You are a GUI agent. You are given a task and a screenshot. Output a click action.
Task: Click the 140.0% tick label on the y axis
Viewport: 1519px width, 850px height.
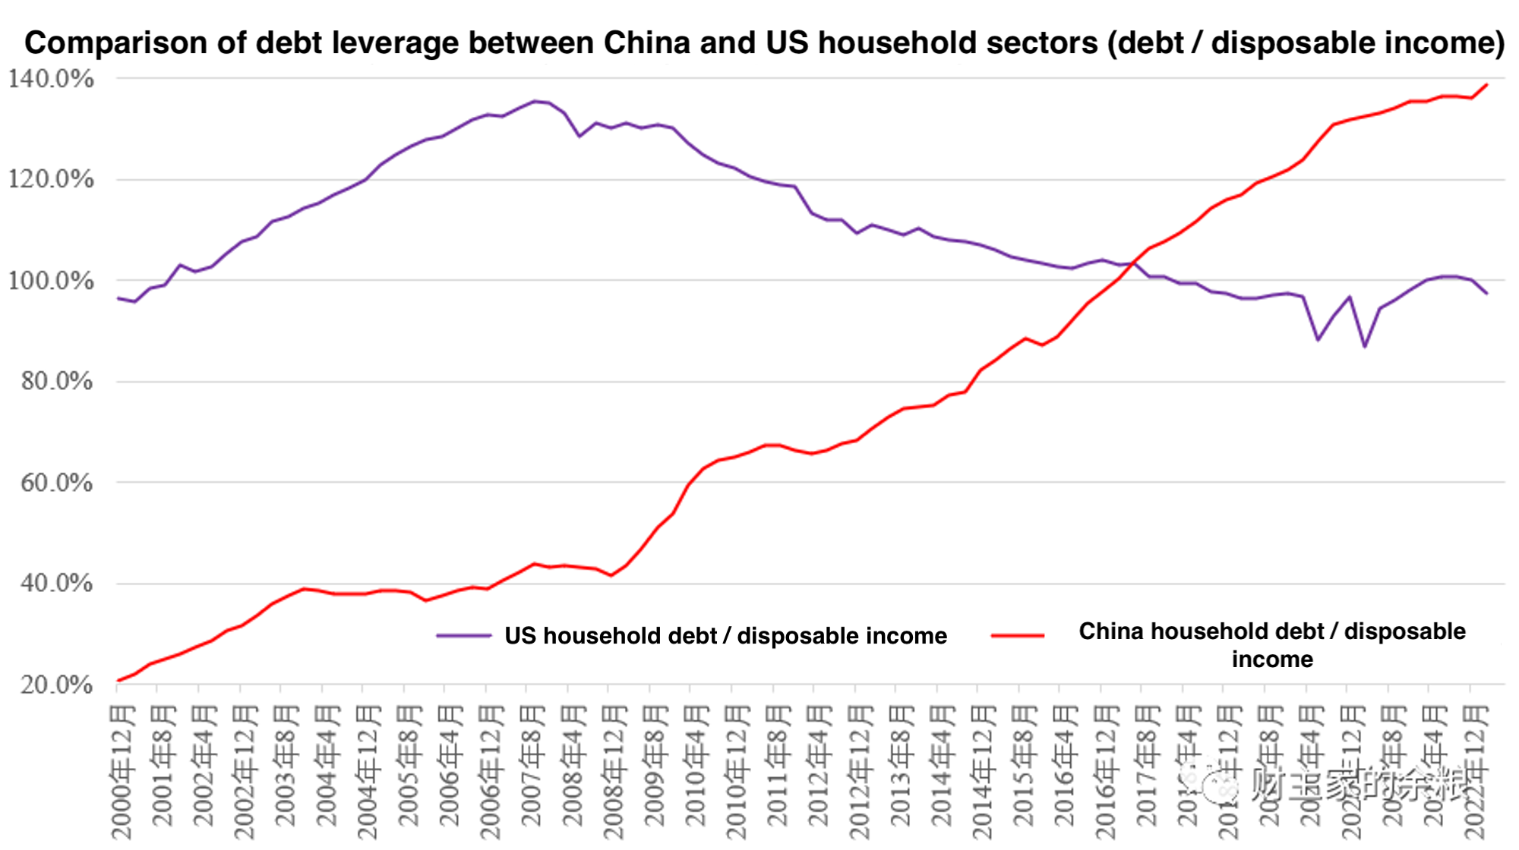click(x=51, y=78)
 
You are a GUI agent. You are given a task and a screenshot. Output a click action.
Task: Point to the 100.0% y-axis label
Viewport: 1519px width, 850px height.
click(x=51, y=281)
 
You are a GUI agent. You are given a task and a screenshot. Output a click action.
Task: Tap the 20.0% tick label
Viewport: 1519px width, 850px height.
click(x=56, y=685)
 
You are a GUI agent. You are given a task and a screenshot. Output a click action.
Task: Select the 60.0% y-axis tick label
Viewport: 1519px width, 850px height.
click(x=56, y=483)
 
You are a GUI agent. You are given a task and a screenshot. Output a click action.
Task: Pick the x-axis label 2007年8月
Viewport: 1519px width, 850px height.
click(x=532, y=767)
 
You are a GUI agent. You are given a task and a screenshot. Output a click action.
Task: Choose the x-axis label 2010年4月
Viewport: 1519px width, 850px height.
click(x=696, y=767)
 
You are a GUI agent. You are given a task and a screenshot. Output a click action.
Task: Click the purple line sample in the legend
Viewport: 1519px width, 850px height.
click(x=463, y=636)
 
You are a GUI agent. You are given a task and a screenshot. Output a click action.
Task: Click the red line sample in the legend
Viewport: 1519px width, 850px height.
click(x=1018, y=636)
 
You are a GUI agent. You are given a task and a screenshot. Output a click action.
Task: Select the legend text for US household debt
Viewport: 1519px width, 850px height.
click(x=725, y=636)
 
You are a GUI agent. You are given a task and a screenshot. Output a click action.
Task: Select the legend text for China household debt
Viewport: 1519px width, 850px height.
click(x=1272, y=645)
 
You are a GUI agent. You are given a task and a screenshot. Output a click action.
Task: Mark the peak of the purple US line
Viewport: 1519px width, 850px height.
click(x=535, y=101)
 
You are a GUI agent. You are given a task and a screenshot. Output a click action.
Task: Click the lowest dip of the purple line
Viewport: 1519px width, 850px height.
click(x=1365, y=347)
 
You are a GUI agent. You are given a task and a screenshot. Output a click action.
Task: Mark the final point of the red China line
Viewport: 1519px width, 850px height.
click(x=1486, y=85)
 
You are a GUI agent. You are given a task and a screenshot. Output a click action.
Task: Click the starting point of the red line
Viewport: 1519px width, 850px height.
click(x=118, y=681)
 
